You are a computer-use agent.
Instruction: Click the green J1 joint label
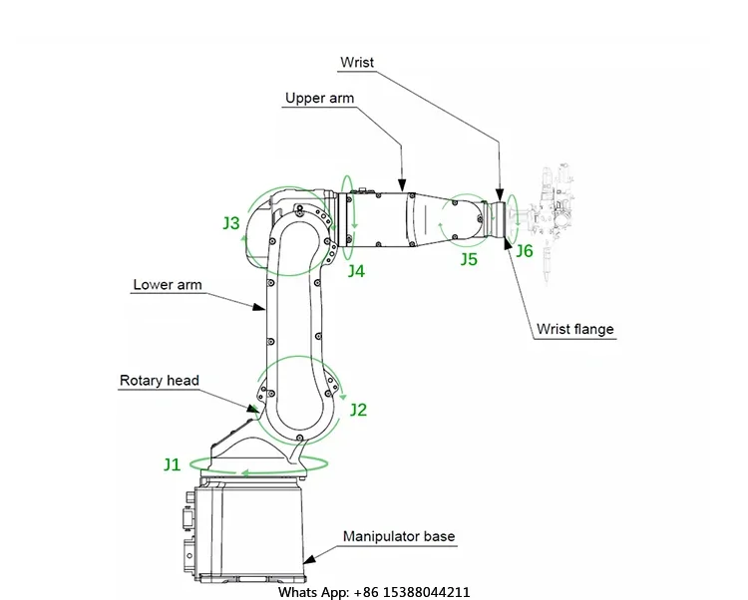(x=173, y=464)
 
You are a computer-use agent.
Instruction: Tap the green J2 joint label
(x=358, y=410)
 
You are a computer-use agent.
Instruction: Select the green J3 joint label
(x=231, y=223)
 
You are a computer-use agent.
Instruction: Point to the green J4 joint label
(x=356, y=271)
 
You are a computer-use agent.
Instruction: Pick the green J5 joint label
(x=469, y=259)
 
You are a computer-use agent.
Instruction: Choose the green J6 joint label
(x=525, y=251)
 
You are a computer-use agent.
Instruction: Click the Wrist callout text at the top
(x=357, y=63)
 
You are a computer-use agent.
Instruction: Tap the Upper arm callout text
(x=319, y=99)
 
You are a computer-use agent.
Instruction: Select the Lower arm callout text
(x=168, y=284)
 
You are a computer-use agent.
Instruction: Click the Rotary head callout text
(x=160, y=381)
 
